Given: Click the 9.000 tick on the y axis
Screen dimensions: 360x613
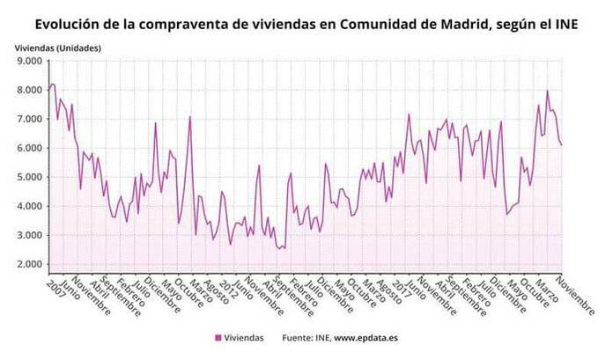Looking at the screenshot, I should coord(29,62).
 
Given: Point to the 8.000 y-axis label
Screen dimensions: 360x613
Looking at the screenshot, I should coord(29,90).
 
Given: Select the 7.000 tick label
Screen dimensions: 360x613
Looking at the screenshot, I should coord(29,119).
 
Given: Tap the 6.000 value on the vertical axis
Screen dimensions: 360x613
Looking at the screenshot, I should coord(29,148).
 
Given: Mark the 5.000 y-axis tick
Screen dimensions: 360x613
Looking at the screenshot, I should coord(29,177).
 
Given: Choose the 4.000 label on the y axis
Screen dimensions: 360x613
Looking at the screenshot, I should coord(29,206).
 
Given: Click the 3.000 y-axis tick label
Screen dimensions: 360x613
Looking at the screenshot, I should coord(29,235).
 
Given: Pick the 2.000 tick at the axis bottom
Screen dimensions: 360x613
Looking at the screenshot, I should coord(29,264).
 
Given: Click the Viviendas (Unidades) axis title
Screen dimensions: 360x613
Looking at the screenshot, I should coord(57,45).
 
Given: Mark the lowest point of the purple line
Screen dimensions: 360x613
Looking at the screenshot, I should coord(279,249).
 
